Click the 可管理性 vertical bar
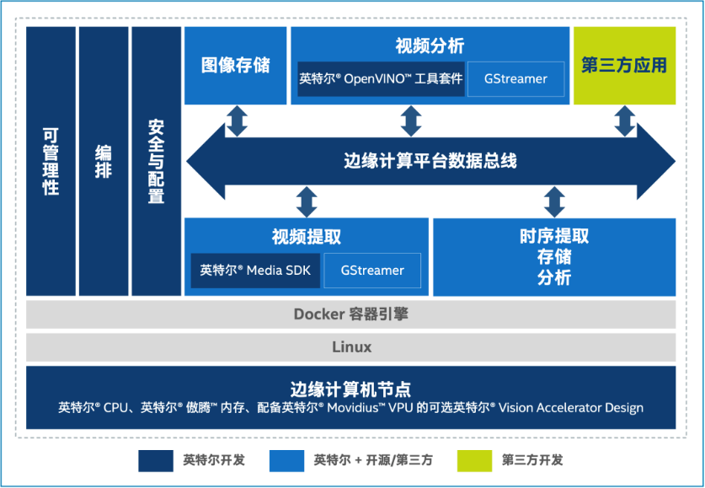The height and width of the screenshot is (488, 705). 51,161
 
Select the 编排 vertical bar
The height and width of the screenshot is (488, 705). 104,161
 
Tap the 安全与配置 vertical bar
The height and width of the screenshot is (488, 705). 156,161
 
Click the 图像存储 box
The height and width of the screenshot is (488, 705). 235,66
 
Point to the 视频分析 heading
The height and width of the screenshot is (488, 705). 430,46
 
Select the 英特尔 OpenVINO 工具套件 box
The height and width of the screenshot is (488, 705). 381,79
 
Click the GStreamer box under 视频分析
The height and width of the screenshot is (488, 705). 515,79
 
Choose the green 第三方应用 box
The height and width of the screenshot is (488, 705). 624,66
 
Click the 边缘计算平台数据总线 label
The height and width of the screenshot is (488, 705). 430,161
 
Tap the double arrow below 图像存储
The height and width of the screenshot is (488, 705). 237,121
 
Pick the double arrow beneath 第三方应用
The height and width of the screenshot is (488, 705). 624,121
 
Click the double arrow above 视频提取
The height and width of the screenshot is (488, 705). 307,202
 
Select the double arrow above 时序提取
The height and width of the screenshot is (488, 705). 554,202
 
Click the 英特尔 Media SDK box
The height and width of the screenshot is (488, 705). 255,271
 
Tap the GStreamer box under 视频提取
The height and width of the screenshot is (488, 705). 372,271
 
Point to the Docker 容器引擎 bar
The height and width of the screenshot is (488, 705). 350,314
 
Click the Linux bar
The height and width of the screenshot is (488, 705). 350,347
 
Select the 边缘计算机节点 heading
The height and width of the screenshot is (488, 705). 350,389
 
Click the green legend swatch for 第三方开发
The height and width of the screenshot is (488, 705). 474,460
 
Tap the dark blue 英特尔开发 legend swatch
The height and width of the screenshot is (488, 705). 156,460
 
